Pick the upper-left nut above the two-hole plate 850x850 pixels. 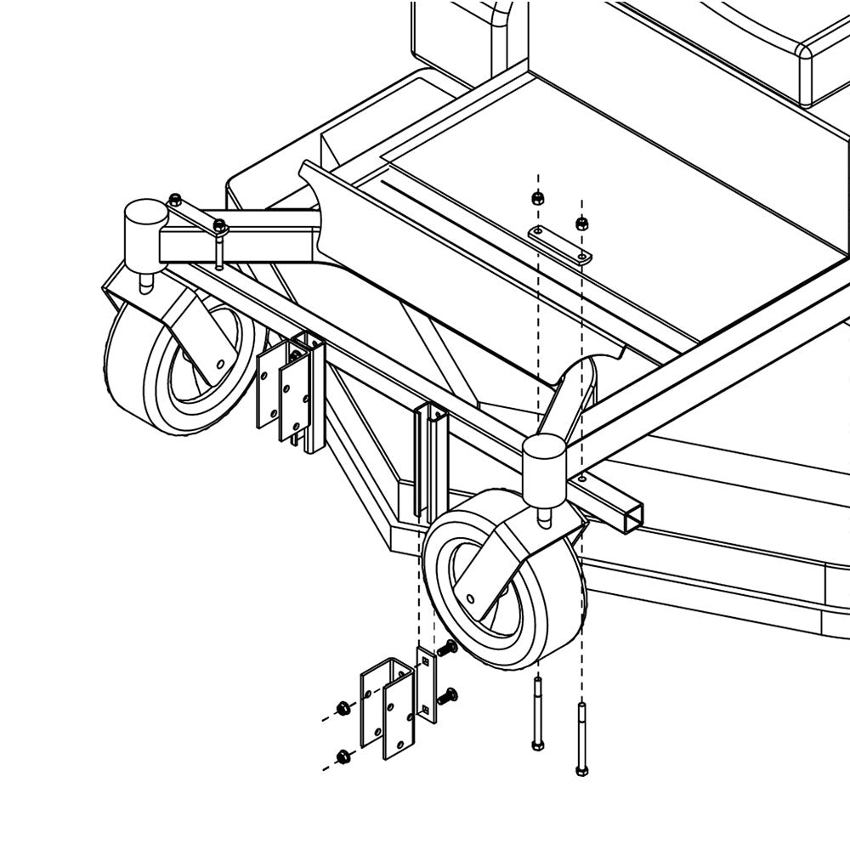click(537, 199)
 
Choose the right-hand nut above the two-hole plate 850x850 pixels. click(581, 224)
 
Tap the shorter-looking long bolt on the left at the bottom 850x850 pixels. click(537, 714)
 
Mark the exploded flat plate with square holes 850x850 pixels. click(426, 685)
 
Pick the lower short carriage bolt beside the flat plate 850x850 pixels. click(446, 697)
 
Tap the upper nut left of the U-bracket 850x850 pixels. click(343, 708)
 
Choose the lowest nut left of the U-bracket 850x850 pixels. click(343, 756)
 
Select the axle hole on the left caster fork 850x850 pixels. click(220, 364)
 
